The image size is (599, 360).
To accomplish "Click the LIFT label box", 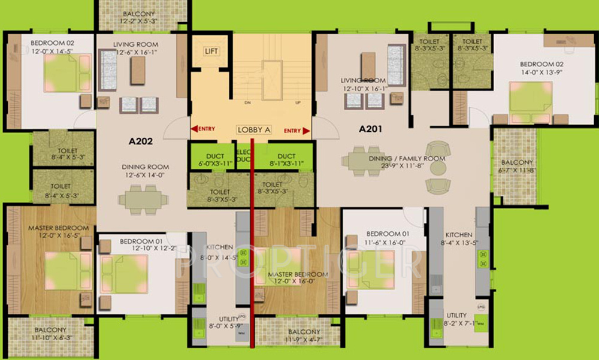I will pyautogui.click(x=211, y=52).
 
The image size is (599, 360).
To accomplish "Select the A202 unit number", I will pyautogui.click(x=141, y=143).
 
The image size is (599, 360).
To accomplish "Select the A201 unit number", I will pyautogui.click(x=370, y=129).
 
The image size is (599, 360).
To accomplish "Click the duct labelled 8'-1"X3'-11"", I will pyautogui.click(x=291, y=160).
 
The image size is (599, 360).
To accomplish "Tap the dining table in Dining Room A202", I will pyautogui.click(x=140, y=199).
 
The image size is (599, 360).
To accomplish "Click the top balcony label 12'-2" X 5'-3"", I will pyautogui.click(x=138, y=17).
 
